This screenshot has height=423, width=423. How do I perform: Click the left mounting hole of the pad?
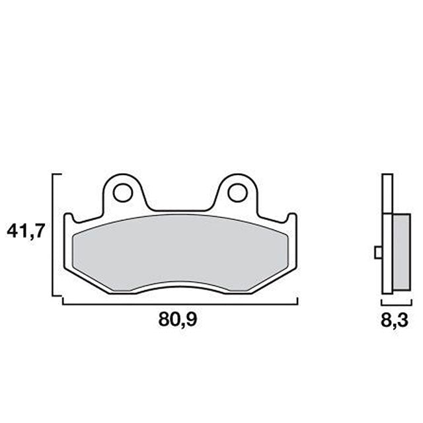[x=122, y=192]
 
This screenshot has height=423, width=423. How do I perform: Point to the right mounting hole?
[x=236, y=192]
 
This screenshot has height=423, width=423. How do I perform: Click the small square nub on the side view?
[x=377, y=252]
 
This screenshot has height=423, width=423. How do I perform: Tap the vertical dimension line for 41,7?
[x=52, y=235]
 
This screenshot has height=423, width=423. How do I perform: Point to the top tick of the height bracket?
[x=57, y=174]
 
